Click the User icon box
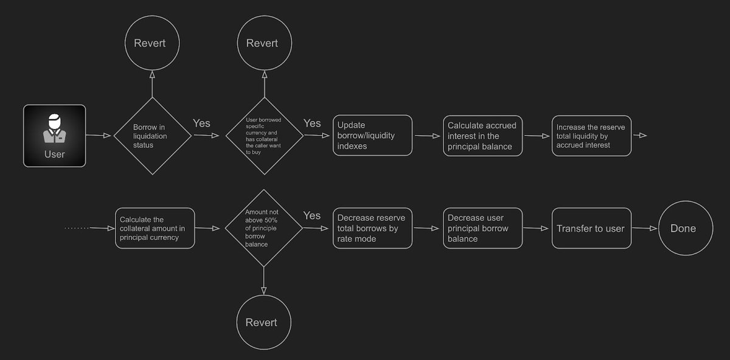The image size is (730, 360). [x=55, y=136]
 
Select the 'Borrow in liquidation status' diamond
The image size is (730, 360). [x=152, y=136]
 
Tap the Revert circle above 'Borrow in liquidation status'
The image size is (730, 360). [x=152, y=43]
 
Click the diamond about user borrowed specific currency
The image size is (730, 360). [x=264, y=136]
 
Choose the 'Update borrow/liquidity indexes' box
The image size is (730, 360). [x=372, y=136]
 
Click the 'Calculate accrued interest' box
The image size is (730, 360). [x=482, y=136]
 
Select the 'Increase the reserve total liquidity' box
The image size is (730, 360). [x=592, y=136]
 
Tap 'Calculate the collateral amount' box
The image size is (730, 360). [x=155, y=228]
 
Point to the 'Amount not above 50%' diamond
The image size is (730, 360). [x=263, y=228]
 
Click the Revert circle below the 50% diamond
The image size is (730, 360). [x=263, y=322]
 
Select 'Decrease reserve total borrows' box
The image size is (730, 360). [x=372, y=228]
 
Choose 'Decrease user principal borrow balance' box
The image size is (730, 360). [x=482, y=228]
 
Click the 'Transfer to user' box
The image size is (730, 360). [x=592, y=228]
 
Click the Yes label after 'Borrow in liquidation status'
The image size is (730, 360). [x=202, y=123]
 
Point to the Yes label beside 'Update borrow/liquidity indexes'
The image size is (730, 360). [x=312, y=123]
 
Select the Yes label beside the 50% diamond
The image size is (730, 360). [x=312, y=216]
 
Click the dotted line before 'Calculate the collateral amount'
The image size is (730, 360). [x=78, y=228]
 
